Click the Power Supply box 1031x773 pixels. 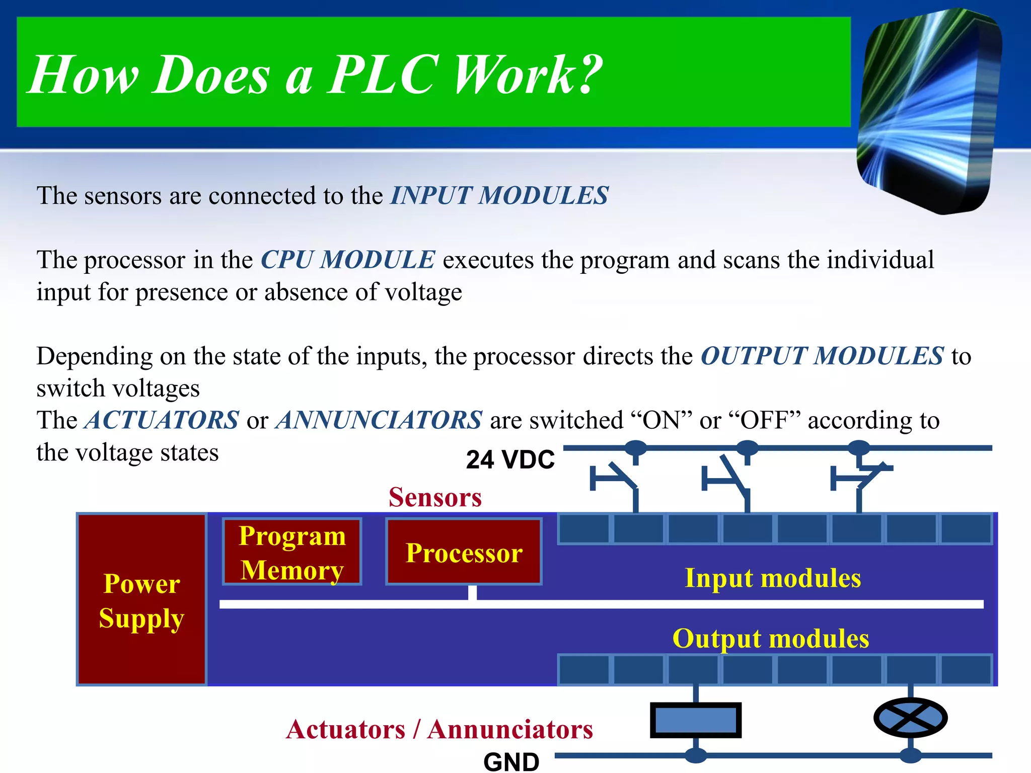[141, 599]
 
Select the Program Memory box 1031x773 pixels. [292, 552]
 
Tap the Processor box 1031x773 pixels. [464, 552]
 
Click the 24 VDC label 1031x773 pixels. [510, 459]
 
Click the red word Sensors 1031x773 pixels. [435, 497]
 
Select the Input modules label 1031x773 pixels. [773, 578]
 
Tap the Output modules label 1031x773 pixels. [770, 638]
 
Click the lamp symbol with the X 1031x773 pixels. [910, 718]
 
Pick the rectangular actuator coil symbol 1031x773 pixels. [696, 720]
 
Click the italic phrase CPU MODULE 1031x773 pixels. [347, 260]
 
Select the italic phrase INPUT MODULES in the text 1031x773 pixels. [499, 196]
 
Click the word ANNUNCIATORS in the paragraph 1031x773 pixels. [379, 420]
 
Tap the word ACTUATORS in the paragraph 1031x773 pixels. [162, 420]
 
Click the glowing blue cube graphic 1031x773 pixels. [929, 111]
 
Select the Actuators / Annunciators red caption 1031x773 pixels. [439, 729]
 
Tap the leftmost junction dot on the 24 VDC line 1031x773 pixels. [635, 447]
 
